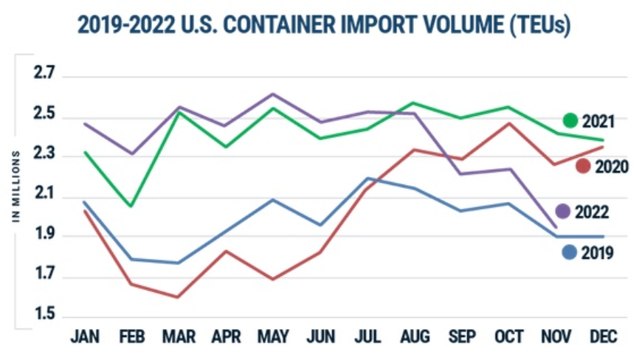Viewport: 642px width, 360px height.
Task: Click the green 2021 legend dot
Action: [570, 120]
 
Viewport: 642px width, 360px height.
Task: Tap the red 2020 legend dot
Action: [583, 166]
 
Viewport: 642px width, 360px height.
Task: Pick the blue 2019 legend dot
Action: [569, 252]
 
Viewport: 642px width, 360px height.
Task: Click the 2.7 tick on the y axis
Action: [44, 73]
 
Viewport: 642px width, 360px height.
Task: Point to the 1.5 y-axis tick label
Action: [44, 316]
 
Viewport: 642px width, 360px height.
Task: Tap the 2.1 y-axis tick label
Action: [44, 195]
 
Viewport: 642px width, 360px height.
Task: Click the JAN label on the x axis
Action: [85, 337]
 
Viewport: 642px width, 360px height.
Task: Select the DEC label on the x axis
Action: [603, 337]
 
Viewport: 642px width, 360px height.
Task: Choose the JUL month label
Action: [368, 337]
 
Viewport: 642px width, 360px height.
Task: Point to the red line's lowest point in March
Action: [179, 297]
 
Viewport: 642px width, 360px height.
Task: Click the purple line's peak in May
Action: [273, 94]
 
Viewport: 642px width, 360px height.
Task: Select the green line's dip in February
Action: [131, 206]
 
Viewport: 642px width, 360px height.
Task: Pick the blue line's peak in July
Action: [367, 178]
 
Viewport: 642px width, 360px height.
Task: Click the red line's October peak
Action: [509, 122]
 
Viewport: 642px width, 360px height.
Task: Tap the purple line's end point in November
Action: [556, 227]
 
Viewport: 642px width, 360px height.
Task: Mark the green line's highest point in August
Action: [415, 103]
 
